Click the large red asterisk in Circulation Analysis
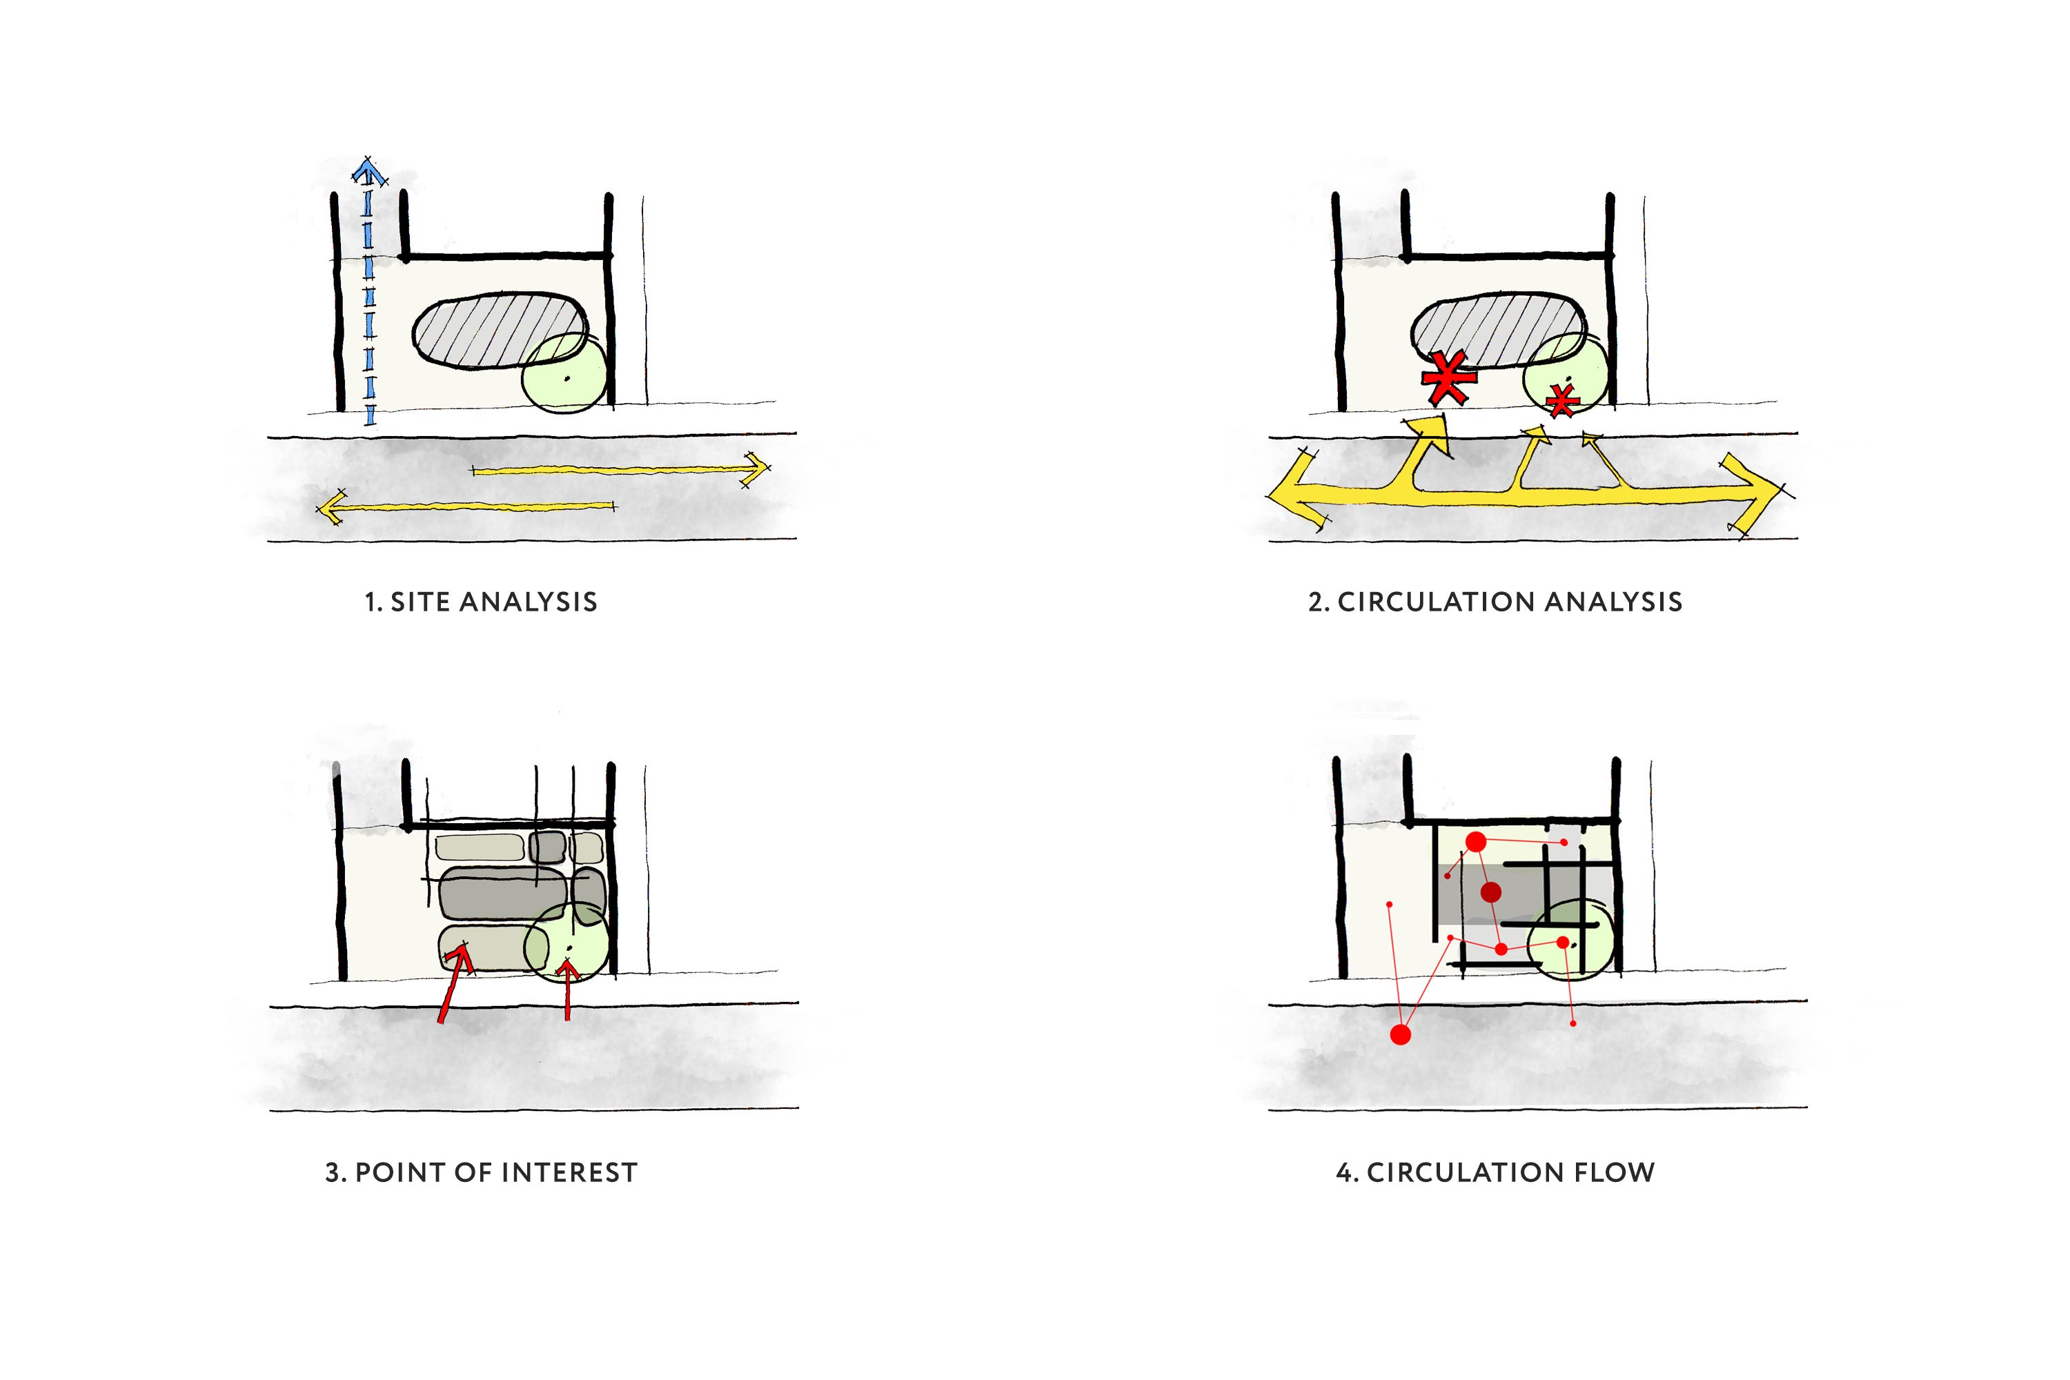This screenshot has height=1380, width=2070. pos(1447,378)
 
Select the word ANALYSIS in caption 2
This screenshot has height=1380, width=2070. pos(1613,602)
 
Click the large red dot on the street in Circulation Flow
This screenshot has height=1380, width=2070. pos(1400,1034)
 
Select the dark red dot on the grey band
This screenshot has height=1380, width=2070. pos(1490,892)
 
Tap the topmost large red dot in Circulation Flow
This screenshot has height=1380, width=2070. pos(1476,842)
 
